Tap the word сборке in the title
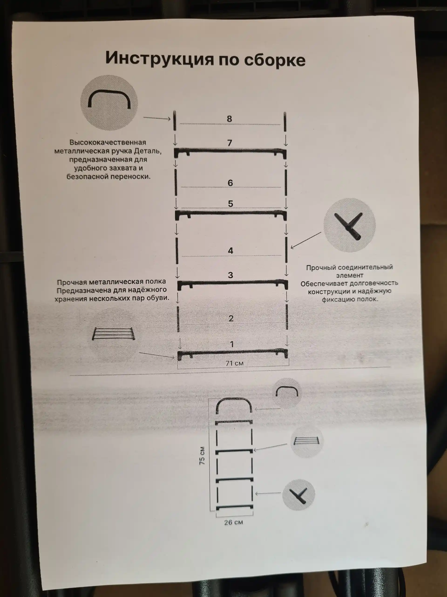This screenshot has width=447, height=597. tap(274, 60)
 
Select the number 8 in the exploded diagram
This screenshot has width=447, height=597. tap(229, 119)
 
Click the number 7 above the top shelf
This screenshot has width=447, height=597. tap(230, 143)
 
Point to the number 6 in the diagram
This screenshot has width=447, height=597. tap(230, 183)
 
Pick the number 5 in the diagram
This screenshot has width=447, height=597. tap(230, 204)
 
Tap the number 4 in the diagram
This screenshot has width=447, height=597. tap(230, 251)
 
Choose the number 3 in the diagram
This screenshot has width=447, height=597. tap(230, 275)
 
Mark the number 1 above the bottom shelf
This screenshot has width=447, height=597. tap(232, 344)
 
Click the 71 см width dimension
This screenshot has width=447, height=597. tap(234, 363)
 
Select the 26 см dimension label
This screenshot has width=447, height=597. tap(234, 522)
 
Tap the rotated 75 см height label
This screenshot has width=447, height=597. tap(202, 456)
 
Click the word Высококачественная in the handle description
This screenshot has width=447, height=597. tap(108, 142)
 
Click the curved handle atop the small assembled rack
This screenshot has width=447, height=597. tap(233, 403)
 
